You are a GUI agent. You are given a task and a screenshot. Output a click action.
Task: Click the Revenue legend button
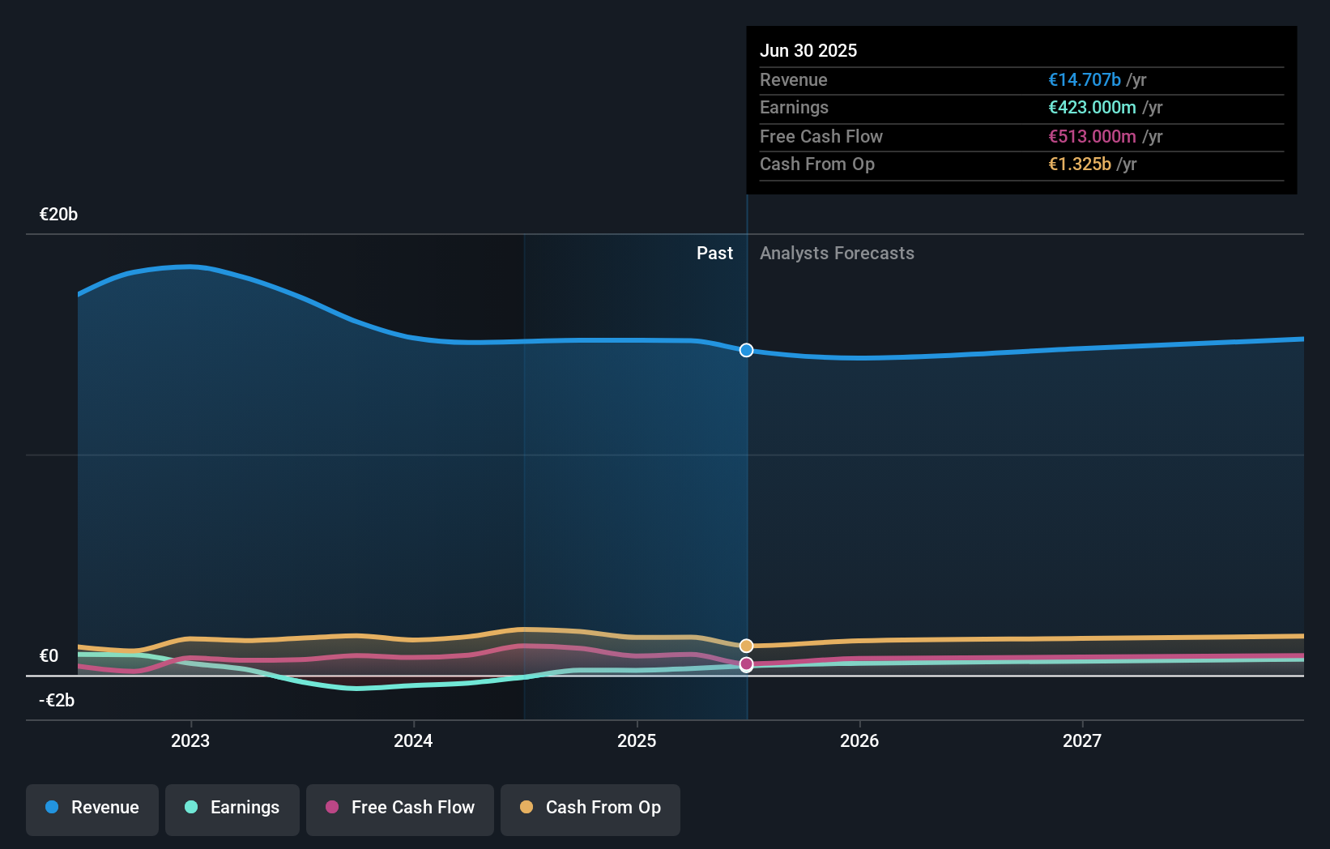pyautogui.click(x=92, y=808)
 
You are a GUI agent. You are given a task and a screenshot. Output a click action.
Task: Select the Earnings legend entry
pyautogui.click(x=232, y=808)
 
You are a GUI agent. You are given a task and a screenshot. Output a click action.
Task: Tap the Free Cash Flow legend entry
pyautogui.click(x=400, y=808)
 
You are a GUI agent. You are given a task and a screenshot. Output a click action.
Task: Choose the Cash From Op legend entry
pyautogui.click(x=590, y=808)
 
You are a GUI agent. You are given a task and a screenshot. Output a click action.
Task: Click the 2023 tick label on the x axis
pyautogui.click(x=190, y=740)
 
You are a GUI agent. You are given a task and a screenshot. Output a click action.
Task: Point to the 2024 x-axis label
pyautogui.click(x=413, y=740)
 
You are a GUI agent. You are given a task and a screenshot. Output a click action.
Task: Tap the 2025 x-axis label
pyautogui.click(x=637, y=740)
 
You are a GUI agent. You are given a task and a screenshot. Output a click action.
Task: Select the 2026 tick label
pyautogui.click(x=859, y=740)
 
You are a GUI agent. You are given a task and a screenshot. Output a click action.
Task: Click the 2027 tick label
pyautogui.click(x=1082, y=740)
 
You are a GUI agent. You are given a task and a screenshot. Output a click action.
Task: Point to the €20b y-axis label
pyautogui.click(x=58, y=215)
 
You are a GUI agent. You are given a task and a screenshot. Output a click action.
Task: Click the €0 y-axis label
pyautogui.click(x=49, y=656)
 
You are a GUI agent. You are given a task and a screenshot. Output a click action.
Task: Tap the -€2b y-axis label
pyautogui.click(x=57, y=701)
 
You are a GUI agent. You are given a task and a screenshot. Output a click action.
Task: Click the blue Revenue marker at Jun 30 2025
pyautogui.click(x=746, y=350)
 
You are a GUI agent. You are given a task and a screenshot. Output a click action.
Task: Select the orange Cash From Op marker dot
pyautogui.click(x=746, y=646)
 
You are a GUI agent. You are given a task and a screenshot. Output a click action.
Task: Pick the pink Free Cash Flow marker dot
pyautogui.click(x=746, y=664)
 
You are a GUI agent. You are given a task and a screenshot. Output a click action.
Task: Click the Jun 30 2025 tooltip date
pyautogui.click(x=808, y=50)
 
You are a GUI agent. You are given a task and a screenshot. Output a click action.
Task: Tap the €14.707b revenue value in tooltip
pyautogui.click(x=1084, y=79)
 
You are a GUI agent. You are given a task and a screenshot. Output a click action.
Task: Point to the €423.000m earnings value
pyautogui.click(x=1092, y=108)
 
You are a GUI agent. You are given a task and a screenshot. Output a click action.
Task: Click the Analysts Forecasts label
pyautogui.click(x=837, y=254)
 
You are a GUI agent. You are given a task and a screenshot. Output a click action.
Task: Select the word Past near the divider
pyautogui.click(x=714, y=254)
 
